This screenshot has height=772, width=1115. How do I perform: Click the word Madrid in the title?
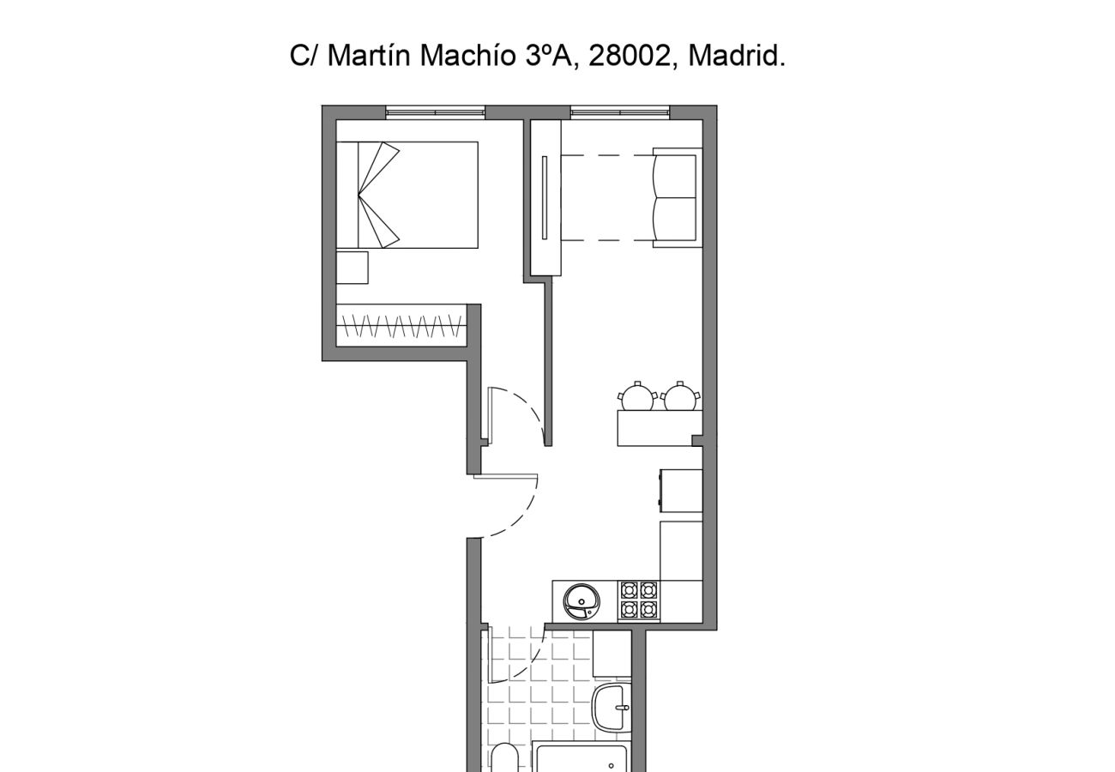[x=736, y=56]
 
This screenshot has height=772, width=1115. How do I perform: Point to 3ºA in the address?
[x=551, y=56]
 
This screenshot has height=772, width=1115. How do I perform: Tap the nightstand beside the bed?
[x=352, y=267]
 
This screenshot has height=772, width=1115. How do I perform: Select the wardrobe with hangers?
[x=401, y=325]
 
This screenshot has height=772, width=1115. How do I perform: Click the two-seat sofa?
[x=677, y=197]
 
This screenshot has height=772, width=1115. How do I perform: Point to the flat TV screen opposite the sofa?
[x=545, y=197]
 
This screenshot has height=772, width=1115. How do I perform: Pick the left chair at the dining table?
[x=637, y=397]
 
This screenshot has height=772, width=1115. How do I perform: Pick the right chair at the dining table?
[x=680, y=397]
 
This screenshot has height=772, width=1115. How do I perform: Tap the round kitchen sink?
[x=583, y=601]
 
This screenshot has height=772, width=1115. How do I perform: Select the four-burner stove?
[x=639, y=600]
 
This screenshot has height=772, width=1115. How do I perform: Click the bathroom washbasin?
[x=611, y=708]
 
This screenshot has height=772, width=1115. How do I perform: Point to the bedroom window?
[x=435, y=112]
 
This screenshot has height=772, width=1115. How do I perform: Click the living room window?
[x=619, y=112]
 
